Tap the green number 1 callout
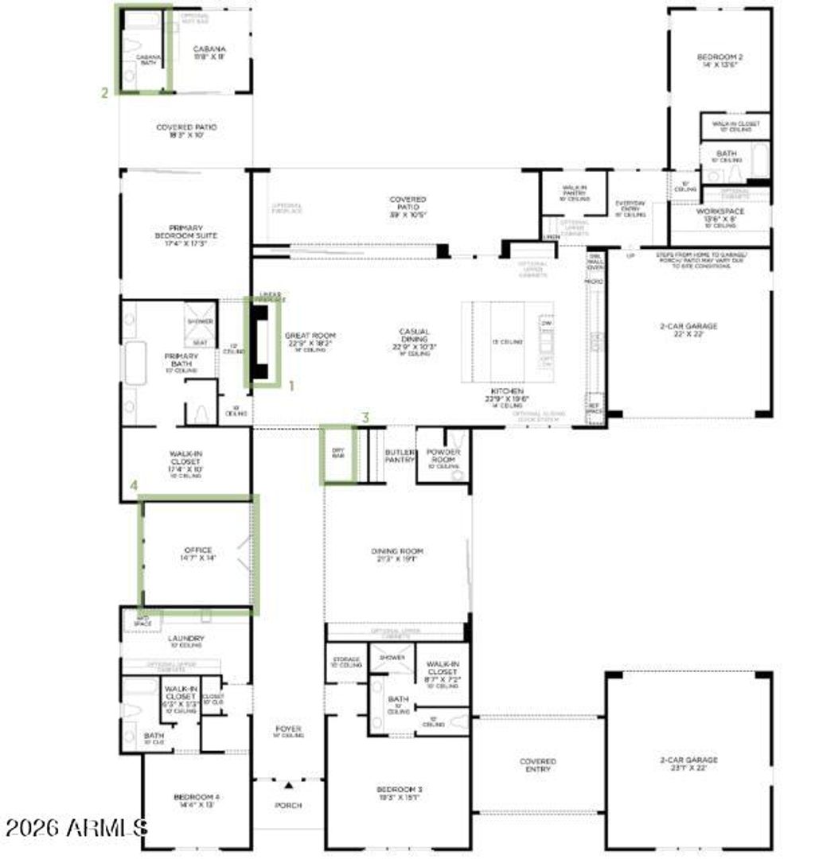click(x=291, y=386)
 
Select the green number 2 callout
click(x=104, y=92)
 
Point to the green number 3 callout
click(x=365, y=417)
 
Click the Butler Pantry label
click(x=400, y=455)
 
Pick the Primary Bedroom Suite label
click(x=186, y=232)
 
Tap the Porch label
click(x=288, y=806)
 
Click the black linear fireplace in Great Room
click(x=260, y=342)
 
